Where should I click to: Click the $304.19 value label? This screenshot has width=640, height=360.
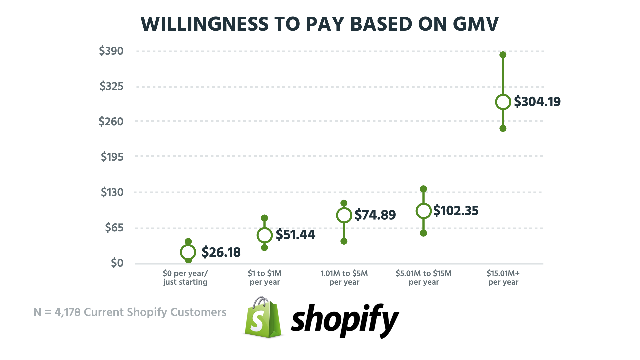(537, 102)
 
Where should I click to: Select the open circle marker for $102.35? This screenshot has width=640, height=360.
(424, 211)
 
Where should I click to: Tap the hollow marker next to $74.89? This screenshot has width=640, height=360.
(344, 215)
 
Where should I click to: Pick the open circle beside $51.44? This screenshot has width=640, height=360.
(265, 235)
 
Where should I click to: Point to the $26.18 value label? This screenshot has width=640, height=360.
(221, 252)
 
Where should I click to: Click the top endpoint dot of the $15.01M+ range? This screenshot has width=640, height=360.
(503, 55)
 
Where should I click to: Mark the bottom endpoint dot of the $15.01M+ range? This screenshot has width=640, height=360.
(503, 128)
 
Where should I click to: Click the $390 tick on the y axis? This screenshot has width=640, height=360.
(111, 51)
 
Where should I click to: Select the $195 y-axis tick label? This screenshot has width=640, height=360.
(112, 157)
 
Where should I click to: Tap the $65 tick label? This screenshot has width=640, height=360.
(114, 228)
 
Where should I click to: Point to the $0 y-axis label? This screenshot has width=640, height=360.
(117, 263)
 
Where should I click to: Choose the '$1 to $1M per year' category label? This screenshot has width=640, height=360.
(265, 278)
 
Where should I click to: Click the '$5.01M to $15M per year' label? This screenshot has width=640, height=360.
(424, 278)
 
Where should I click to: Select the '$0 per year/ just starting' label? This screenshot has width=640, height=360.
(185, 278)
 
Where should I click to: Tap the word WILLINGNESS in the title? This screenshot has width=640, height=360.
(204, 24)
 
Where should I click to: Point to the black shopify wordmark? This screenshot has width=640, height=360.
(345, 320)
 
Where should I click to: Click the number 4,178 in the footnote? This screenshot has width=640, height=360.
(67, 312)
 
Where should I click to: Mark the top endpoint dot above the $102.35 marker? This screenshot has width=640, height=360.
(423, 189)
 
